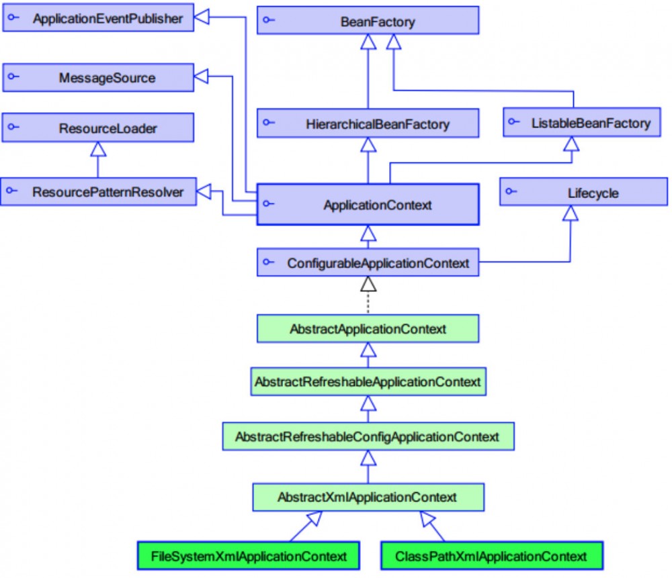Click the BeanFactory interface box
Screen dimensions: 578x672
(368, 21)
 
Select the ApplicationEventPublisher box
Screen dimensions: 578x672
(98, 19)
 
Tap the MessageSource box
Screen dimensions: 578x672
(98, 78)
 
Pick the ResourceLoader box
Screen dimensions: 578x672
(98, 128)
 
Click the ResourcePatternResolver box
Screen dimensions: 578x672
(98, 192)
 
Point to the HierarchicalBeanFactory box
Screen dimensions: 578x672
(368, 124)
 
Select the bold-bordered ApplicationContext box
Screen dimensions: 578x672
(368, 205)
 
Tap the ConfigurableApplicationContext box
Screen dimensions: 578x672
(368, 263)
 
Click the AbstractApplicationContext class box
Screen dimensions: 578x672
(368, 329)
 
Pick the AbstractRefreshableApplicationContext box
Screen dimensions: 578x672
(368, 381)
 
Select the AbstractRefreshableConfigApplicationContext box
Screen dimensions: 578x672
(368, 436)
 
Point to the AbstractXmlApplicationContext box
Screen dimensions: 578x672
(368, 497)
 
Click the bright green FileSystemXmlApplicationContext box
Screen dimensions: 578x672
(249, 556)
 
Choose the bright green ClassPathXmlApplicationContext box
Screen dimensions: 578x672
(491, 556)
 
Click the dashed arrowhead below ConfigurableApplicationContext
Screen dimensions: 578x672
(368, 284)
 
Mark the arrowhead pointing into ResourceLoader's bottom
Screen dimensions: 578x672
(99, 149)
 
